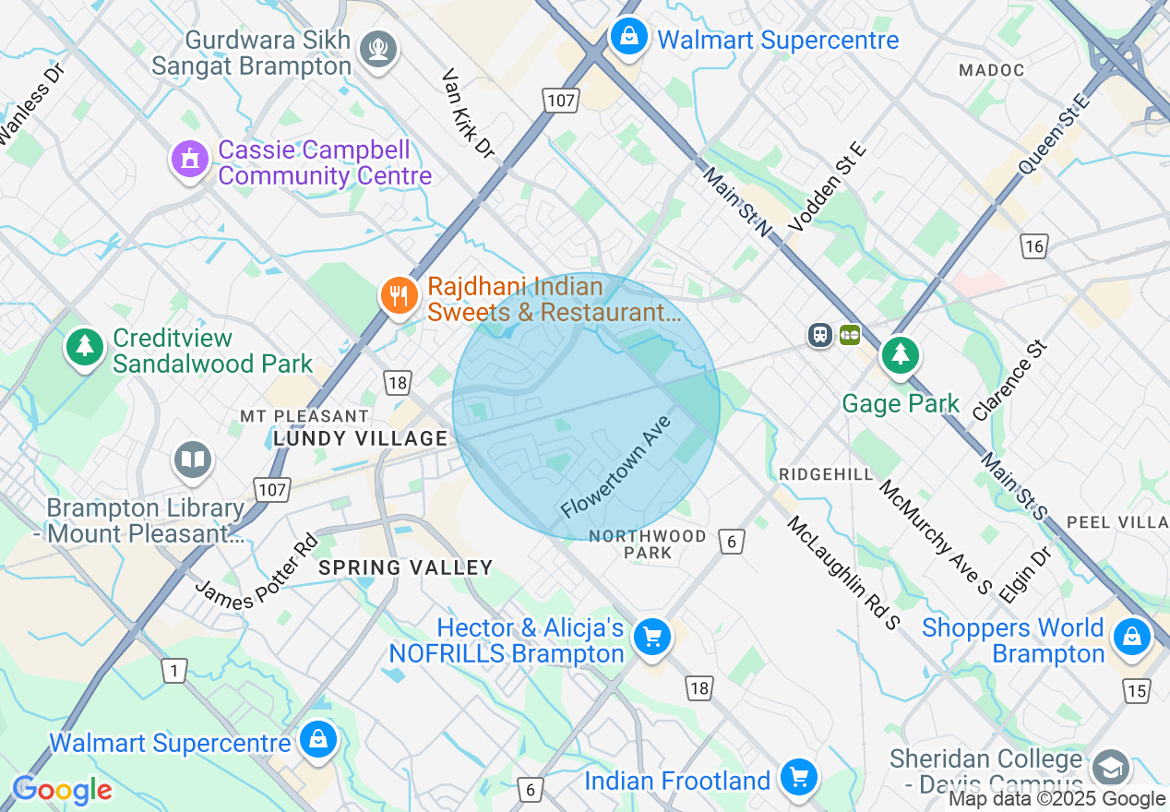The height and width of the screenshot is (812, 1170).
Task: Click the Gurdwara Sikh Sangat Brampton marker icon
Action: click(x=379, y=48)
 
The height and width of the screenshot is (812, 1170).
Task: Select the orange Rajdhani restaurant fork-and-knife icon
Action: click(x=399, y=296)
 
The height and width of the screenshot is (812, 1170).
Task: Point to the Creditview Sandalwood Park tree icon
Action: click(x=85, y=348)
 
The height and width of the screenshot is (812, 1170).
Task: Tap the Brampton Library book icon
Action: click(x=192, y=460)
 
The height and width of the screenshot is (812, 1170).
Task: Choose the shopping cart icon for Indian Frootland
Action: click(x=798, y=778)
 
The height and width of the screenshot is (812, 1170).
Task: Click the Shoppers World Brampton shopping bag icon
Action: click(x=1130, y=637)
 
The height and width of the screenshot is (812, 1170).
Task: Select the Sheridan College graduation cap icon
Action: click(x=1109, y=768)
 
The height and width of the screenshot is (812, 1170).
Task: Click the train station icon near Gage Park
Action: click(x=820, y=335)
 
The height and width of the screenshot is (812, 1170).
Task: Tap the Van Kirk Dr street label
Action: click(x=469, y=113)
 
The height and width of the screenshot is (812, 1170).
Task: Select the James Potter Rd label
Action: click(x=256, y=571)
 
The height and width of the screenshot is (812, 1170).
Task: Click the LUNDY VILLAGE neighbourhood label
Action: click(x=360, y=438)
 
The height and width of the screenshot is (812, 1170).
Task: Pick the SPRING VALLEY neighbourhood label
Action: click(x=405, y=567)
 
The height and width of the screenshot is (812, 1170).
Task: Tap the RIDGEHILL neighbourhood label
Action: click(x=826, y=473)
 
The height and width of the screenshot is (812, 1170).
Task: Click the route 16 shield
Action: click(x=1034, y=245)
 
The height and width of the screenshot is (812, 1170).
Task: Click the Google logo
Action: click(x=62, y=791)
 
